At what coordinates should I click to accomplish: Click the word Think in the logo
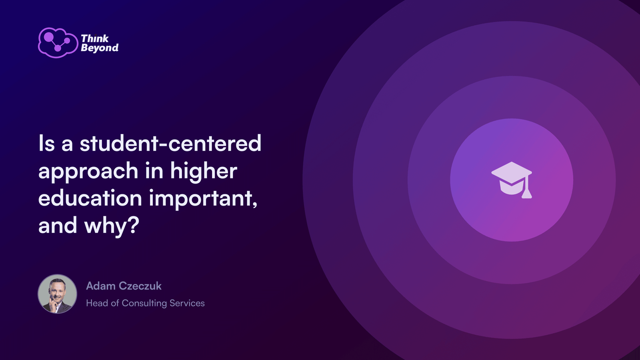tap(95, 38)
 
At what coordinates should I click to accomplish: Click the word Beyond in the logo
tap(100, 48)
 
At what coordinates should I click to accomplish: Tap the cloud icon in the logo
tap(58, 43)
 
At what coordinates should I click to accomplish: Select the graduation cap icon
tap(512, 180)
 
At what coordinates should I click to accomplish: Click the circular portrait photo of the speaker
tap(58, 294)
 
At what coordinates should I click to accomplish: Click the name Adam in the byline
tap(100, 286)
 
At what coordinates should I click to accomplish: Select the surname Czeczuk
tap(140, 286)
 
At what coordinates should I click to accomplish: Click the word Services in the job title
tap(187, 303)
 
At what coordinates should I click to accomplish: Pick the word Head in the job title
tap(97, 303)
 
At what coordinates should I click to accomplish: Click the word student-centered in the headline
tap(170, 144)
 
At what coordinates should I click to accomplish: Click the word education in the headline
tap(90, 198)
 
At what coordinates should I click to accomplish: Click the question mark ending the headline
tap(134, 225)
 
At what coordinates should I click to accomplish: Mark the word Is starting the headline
tap(46, 143)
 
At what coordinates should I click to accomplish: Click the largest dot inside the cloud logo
tap(49, 36)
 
